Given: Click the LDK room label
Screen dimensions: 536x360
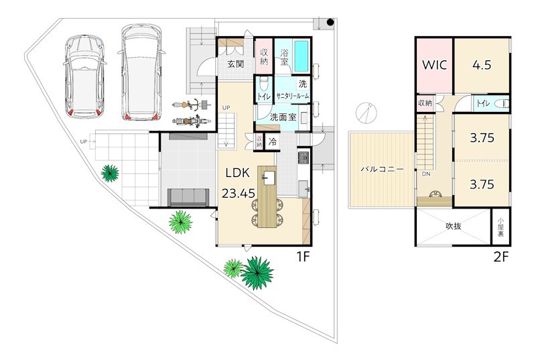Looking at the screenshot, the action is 237,173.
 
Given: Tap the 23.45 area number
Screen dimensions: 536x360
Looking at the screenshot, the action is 239,194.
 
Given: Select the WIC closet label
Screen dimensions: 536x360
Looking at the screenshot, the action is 434,64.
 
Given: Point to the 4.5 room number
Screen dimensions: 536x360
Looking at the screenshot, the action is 482,64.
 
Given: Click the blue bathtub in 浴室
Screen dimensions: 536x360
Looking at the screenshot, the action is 301,56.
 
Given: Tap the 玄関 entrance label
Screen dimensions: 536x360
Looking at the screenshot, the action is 236,64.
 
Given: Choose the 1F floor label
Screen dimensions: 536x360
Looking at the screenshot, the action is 303,256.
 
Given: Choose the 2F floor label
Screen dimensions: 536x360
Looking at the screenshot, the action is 501,256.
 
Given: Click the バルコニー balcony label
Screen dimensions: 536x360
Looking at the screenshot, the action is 383,169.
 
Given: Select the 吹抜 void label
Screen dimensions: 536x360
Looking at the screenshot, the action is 454,226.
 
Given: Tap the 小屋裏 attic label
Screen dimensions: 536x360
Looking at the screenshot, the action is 500,227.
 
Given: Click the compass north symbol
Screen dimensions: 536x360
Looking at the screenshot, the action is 366,113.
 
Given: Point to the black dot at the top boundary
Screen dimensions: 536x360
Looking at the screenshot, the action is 330,22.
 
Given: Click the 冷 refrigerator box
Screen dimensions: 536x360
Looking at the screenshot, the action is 273,141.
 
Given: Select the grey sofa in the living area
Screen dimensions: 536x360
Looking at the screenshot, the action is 188,197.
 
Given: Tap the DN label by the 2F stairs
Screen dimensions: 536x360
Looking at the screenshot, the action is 426,174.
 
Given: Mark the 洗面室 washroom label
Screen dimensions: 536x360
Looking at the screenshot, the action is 283,117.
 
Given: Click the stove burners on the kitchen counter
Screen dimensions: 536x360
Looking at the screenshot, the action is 304,158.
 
